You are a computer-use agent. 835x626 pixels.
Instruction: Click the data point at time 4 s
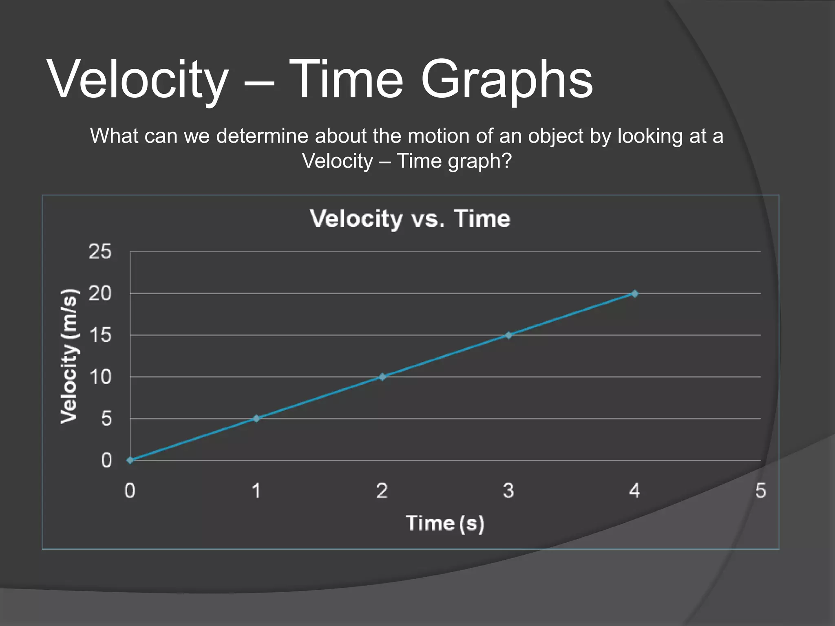(634, 293)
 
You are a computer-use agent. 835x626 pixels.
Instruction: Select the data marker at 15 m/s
(508, 335)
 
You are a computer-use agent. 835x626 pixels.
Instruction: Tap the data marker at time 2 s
(382, 377)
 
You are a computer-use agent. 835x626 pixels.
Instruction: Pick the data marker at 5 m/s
(256, 419)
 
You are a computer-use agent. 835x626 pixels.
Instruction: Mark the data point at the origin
(130, 460)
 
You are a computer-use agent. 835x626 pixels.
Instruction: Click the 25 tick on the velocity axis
(100, 251)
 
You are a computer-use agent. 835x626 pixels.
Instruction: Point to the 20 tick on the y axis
(100, 293)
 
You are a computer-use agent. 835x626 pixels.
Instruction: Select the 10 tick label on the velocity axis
(100, 377)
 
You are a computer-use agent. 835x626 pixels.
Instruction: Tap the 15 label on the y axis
(100, 335)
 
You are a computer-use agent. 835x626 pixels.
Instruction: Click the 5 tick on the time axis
(760, 491)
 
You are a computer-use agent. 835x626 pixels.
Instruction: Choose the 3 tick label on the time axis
(508, 491)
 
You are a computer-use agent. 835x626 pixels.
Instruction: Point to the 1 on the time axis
(256, 491)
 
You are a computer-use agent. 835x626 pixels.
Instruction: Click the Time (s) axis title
(445, 523)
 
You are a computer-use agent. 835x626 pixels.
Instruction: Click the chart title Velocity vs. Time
(410, 219)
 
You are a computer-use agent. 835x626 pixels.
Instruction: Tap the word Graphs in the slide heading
(506, 79)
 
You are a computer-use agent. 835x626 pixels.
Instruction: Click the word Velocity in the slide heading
(138, 79)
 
